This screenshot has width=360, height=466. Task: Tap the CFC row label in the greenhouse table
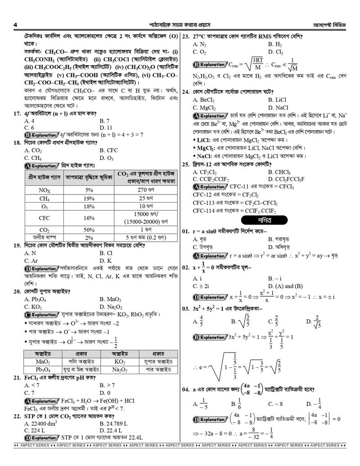click(44, 218)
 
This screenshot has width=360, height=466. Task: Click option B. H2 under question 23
click(275, 45)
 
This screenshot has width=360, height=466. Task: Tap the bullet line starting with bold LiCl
click(252, 140)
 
